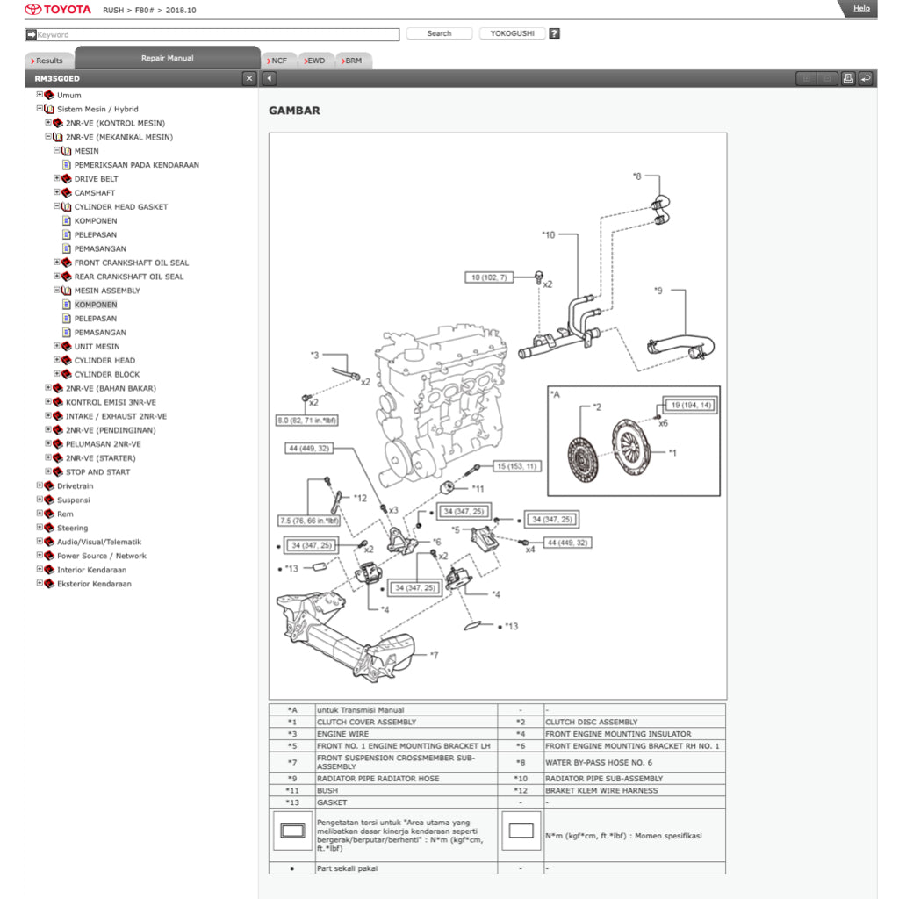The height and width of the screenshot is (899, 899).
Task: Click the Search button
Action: tap(439, 33)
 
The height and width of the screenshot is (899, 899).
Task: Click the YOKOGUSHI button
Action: tap(512, 33)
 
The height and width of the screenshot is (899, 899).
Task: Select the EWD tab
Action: tap(315, 61)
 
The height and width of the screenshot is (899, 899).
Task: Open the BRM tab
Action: tap(352, 61)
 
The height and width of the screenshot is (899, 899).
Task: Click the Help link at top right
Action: tap(861, 9)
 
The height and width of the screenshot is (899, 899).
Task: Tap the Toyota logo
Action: tap(58, 10)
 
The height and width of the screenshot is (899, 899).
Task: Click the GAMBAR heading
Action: tap(294, 111)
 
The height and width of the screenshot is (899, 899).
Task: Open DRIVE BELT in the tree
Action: tap(96, 179)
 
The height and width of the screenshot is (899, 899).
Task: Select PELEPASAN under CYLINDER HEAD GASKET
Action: tap(95, 234)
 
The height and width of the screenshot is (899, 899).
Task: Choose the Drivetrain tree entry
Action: tap(75, 485)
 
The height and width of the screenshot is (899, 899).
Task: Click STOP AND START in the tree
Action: tap(97, 472)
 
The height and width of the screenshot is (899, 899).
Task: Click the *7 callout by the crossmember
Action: tap(434, 655)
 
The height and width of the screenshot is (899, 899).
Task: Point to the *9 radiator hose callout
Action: tap(658, 290)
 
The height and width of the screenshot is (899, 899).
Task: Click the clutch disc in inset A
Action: tap(583, 455)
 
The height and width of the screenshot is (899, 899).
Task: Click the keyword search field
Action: tap(215, 34)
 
